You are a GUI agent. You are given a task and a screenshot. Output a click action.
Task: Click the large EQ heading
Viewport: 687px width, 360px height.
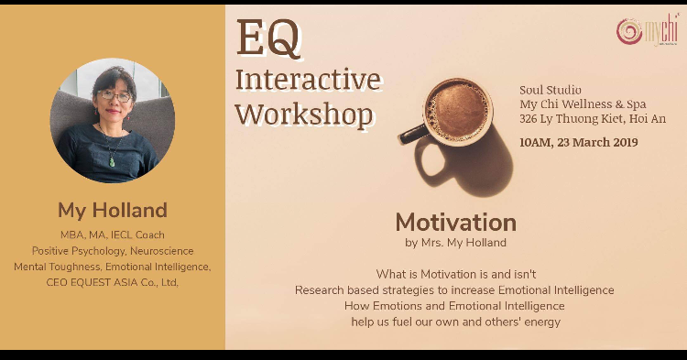[268, 38]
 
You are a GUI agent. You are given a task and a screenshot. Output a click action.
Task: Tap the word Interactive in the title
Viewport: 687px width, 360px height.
[308, 80]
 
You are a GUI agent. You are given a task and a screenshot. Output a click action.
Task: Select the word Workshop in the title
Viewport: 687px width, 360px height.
[304, 115]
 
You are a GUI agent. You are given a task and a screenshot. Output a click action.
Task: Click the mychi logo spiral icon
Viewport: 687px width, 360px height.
[629, 30]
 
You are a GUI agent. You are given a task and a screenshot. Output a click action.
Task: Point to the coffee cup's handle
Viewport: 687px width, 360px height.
[413, 135]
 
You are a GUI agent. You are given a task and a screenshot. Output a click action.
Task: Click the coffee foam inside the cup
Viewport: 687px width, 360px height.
[457, 110]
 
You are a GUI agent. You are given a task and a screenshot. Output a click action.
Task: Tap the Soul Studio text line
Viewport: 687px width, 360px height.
[551, 90]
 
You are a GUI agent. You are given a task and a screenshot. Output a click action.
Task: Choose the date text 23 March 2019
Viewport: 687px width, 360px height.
[597, 142]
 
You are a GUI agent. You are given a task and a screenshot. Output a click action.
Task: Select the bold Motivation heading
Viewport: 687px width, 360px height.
[455, 222]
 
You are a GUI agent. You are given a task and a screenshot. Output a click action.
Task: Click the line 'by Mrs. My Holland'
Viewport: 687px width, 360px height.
[455, 243]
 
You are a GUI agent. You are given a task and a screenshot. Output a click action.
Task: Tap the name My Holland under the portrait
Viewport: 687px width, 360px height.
[113, 211]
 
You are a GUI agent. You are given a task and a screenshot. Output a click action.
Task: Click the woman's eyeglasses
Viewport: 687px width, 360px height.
[114, 95]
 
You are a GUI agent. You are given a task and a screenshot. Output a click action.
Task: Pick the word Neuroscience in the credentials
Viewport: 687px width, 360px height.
[161, 251]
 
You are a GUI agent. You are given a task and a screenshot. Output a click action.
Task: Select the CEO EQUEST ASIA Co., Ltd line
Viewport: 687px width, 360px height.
[112, 282]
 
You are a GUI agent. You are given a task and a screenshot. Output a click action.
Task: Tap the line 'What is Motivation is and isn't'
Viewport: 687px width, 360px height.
[455, 275]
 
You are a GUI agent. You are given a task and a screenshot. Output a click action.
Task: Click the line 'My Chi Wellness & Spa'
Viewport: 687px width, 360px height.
[583, 104]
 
